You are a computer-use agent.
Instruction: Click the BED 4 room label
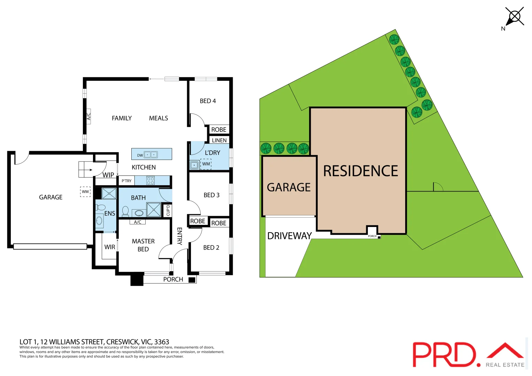pos(208,101)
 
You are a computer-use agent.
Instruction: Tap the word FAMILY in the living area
pos(122,118)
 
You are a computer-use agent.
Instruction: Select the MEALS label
pos(159,118)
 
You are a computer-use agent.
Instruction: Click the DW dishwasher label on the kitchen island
pos(140,155)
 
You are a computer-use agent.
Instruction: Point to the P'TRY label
pos(126,181)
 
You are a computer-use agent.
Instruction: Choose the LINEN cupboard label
pos(219,140)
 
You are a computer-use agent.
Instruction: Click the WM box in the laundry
pos(206,164)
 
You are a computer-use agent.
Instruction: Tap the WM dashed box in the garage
pos(85,192)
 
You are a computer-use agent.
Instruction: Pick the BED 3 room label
pos(211,195)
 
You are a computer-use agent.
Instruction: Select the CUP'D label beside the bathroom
pos(168,210)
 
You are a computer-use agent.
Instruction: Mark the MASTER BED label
pos(143,245)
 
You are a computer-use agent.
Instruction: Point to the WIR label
pos(110,247)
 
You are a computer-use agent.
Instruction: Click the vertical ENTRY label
pos(179,236)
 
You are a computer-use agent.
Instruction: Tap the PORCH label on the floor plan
pos(173,279)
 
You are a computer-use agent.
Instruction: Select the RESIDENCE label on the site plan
pos(361,171)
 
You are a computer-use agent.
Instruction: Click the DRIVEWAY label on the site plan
pos(289,236)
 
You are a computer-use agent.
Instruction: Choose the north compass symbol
pos(514,17)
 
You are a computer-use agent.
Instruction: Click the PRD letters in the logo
pos(444,354)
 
